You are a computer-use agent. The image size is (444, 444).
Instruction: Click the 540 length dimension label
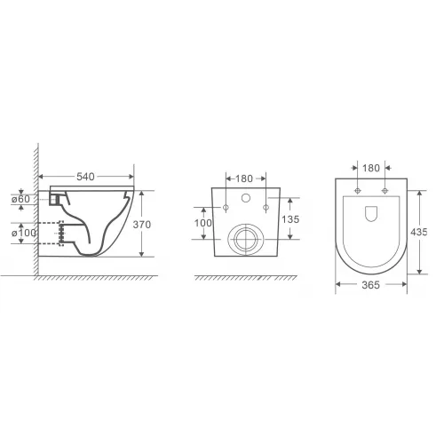tap(85, 177)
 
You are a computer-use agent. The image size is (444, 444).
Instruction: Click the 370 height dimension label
tap(142, 225)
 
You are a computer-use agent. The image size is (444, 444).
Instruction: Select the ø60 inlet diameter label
tap(20, 199)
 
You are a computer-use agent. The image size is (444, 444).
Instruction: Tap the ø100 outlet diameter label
tap(24, 233)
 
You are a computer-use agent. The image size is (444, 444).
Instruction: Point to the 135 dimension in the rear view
tap(290, 219)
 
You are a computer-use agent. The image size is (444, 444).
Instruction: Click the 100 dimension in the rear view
tap(203, 223)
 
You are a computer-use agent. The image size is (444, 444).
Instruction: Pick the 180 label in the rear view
tap(244, 178)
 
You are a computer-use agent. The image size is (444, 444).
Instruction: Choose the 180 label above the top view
tap(371, 168)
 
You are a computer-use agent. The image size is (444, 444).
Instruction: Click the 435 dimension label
tap(419, 232)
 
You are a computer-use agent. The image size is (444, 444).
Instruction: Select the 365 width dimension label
tap(370, 285)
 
